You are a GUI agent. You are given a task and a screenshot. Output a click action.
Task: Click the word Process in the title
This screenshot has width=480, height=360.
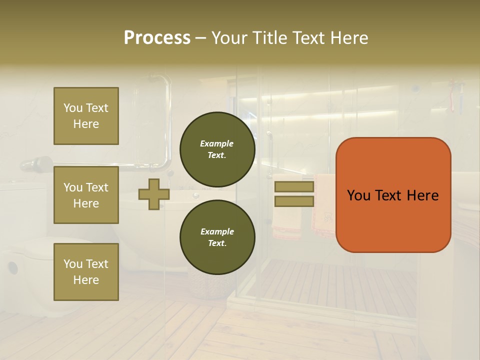[157, 38]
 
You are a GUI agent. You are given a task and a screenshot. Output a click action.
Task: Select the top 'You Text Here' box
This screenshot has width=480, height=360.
[86, 116]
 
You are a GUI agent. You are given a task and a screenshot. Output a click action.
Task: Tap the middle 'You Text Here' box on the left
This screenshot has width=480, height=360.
[86, 195]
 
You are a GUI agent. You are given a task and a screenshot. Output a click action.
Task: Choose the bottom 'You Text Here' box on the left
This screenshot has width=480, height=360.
[86, 272]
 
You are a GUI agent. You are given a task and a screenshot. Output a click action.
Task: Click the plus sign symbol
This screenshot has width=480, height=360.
[154, 194]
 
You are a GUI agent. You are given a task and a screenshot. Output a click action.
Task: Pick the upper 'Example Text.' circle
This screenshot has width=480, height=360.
[217, 149]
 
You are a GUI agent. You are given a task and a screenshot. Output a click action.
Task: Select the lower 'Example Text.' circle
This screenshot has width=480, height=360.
[217, 237]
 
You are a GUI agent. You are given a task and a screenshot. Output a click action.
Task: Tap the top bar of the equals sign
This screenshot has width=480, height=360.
[294, 187]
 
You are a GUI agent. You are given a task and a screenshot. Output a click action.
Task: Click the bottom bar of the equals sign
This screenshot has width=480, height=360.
[294, 201]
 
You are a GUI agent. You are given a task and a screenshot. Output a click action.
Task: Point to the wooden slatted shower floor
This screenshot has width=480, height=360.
[340, 290]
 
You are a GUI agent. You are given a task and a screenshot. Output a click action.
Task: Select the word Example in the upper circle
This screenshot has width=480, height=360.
[217, 143]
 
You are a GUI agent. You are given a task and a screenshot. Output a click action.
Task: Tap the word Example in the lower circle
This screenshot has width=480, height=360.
[217, 231]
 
